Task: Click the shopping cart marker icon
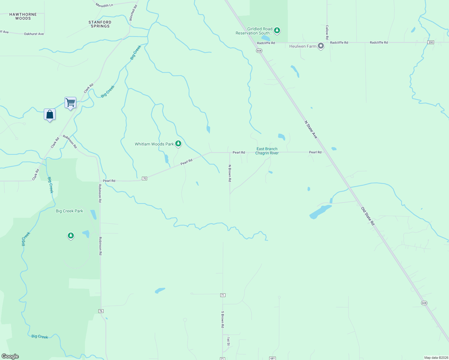click(70, 103)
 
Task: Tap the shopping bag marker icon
click(50, 114)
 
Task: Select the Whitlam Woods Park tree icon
click(178, 144)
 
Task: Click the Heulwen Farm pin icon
click(321, 46)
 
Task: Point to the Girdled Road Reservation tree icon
click(277, 30)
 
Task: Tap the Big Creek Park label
click(69, 211)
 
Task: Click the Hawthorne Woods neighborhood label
click(23, 16)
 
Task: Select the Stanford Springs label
click(100, 24)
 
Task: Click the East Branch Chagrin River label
click(267, 151)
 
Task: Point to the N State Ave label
click(311, 130)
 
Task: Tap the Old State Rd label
click(368, 216)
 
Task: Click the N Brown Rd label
click(230, 173)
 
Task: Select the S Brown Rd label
click(223, 319)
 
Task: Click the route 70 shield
click(144, 178)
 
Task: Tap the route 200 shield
click(431, 42)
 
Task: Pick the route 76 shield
click(101, 311)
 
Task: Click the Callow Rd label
click(327, 32)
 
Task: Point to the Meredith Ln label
click(104, 5)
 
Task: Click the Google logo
click(10, 356)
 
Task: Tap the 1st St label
click(228, 341)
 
